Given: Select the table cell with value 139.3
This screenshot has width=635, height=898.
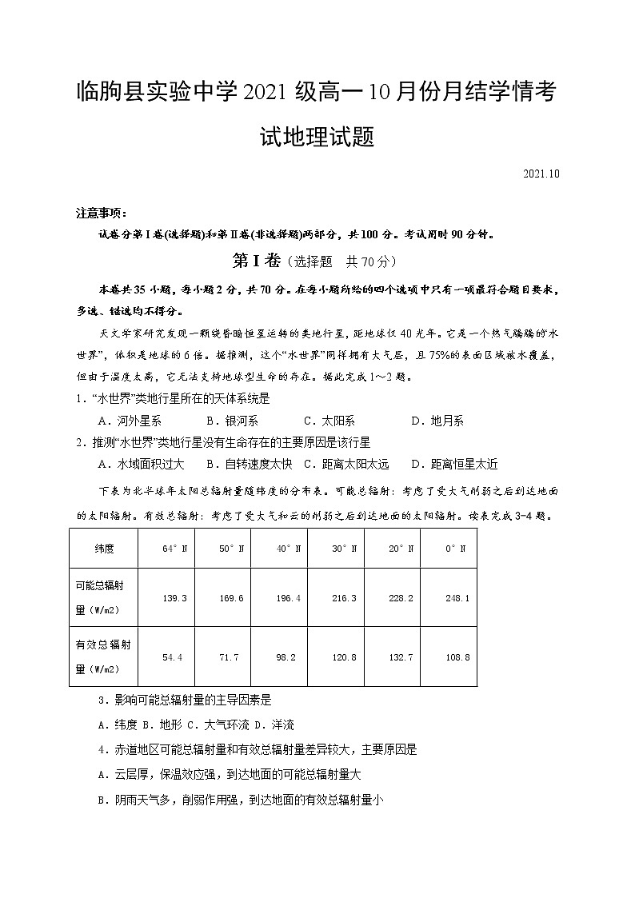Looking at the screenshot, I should click(174, 598).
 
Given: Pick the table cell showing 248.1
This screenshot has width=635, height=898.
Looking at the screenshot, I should click(457, 598).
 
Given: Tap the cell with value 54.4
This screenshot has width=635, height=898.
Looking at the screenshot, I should click(173, 657).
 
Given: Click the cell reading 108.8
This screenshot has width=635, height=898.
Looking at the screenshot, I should click(457, 657).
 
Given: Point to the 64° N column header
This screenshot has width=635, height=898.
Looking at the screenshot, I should click(174, 549).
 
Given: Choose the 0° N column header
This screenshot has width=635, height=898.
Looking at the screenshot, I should click(457, 549).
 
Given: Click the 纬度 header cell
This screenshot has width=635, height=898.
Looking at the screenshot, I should click(104, 549).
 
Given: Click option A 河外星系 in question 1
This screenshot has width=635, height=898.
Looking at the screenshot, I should click(130, 421).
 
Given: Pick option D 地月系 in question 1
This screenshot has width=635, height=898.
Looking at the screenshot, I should click(437, 421).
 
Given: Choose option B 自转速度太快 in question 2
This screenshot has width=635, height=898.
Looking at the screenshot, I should click(249, 464).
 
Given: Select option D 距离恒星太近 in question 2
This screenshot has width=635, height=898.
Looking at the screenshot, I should click(454, 464).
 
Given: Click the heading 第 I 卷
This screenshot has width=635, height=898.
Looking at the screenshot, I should click(252, 261).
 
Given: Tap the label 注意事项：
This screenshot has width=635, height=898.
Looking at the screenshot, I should click(101, 214).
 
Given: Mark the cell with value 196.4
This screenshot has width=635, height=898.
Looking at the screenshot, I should click(287, 598).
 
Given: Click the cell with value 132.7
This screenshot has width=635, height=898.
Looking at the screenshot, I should click(400, 657).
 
